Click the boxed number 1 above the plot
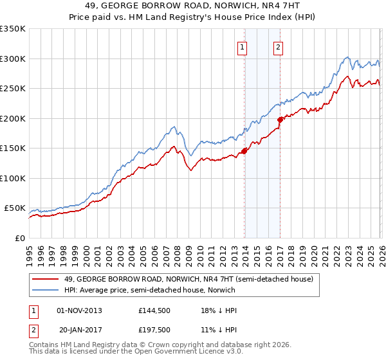(243, 46)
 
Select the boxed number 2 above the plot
(279, 46)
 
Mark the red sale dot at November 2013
(244, 152)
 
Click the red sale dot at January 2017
(280, 120)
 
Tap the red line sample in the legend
(46, 279)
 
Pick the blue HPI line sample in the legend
(46, 290)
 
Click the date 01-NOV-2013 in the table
(80, 310)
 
